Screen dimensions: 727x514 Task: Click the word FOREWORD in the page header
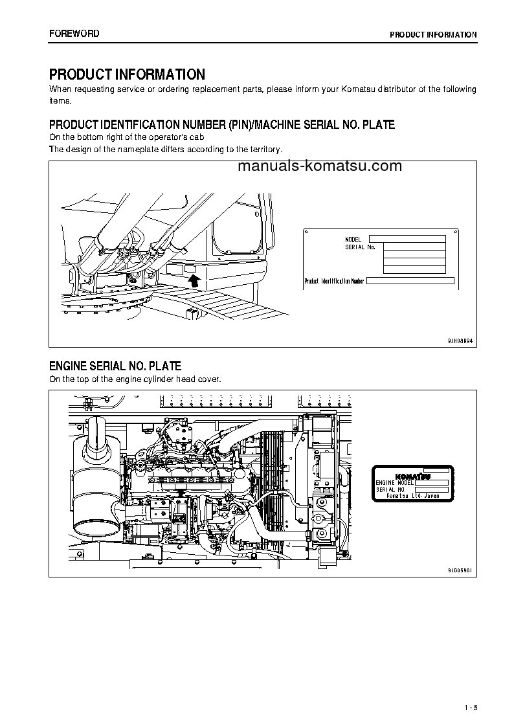[74, 34]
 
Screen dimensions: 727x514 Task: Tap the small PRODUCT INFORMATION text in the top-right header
[433, 35]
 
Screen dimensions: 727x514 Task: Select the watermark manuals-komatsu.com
[320, 166]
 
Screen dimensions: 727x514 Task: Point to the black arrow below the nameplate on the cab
[192, 280]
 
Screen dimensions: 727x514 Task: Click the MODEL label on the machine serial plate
[353, 240]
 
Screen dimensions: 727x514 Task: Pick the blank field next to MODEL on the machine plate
[407, 239]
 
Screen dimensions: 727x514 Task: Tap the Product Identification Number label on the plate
[334, 281]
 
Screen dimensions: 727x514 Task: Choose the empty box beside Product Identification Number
[410, 281]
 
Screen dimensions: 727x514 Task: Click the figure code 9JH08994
[460, 339]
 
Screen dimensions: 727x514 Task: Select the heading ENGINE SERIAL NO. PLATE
[115, 366]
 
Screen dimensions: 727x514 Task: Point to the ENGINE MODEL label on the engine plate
[394, 483]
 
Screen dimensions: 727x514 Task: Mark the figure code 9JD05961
[460, 570]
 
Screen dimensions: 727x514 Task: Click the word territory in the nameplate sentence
[263, 149]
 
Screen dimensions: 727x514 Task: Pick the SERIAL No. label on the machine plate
[360, 247]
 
